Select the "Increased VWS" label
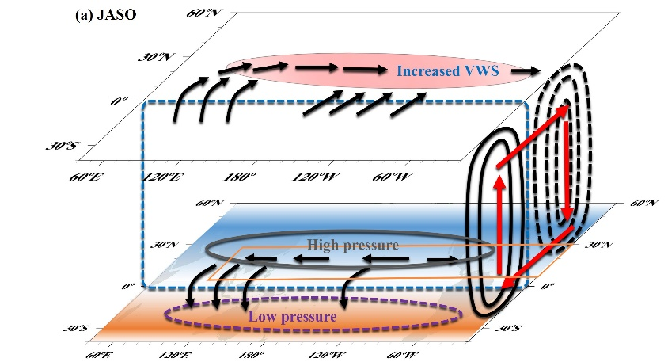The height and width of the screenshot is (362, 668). (x=448, y=71)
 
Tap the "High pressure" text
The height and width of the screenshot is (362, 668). (x=352, y=246)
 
